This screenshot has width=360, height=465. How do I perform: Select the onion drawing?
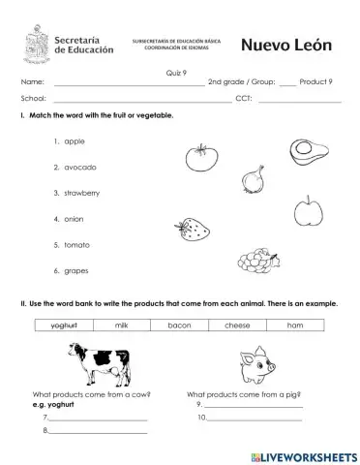tap(254, 179)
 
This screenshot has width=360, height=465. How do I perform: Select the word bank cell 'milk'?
tap(122, 325)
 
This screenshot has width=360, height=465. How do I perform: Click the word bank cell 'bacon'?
tap(179, 325)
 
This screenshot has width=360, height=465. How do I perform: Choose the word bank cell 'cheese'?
tap(237, 325)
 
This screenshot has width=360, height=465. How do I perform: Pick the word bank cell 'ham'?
tap(295, 325)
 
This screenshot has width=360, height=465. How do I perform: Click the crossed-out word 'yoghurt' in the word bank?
tap(64, 325)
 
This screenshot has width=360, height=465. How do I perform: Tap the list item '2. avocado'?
tap(75, 168)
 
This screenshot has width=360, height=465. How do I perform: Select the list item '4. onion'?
tap(70, 219)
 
